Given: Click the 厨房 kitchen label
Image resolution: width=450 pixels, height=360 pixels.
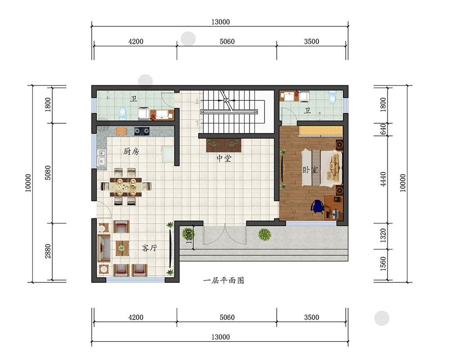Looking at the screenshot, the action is (131, 151).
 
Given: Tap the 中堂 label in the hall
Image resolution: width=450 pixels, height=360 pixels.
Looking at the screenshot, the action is (224, 158).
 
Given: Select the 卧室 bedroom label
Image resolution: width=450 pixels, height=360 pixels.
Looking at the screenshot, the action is (310, 170).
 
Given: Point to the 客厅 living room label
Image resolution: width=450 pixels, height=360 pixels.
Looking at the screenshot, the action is (149, 248).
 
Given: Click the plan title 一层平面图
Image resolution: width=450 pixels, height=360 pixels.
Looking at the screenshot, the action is (224, 280).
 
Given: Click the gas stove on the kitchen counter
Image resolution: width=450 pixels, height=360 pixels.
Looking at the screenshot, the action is (142, 131).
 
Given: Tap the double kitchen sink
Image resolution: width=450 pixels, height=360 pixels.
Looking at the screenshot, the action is (101, 157).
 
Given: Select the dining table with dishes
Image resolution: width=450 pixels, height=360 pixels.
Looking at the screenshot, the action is (126, 187).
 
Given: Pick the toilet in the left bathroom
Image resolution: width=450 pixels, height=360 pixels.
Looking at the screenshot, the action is (122, 113).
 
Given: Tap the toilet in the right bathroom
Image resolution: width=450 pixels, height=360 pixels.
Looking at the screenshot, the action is (333, 97).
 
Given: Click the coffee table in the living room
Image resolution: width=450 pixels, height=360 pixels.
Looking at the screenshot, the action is (122, 248).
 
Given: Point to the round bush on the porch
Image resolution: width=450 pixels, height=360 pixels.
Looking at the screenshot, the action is (265, 234).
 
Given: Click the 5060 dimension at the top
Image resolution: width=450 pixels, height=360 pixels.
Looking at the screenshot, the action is (227, 42).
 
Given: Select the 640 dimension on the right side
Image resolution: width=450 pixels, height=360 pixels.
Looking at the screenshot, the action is (383, 130).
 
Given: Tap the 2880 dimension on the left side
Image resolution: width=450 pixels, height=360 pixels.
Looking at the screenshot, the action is (48, 251).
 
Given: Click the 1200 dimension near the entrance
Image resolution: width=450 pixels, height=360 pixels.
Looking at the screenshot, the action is (189, 236).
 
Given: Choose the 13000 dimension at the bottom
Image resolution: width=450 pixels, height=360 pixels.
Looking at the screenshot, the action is (220, 337).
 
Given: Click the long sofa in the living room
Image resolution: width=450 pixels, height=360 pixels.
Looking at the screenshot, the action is (104, 248).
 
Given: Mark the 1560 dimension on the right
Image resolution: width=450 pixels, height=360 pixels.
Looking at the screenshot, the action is (383, 264).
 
